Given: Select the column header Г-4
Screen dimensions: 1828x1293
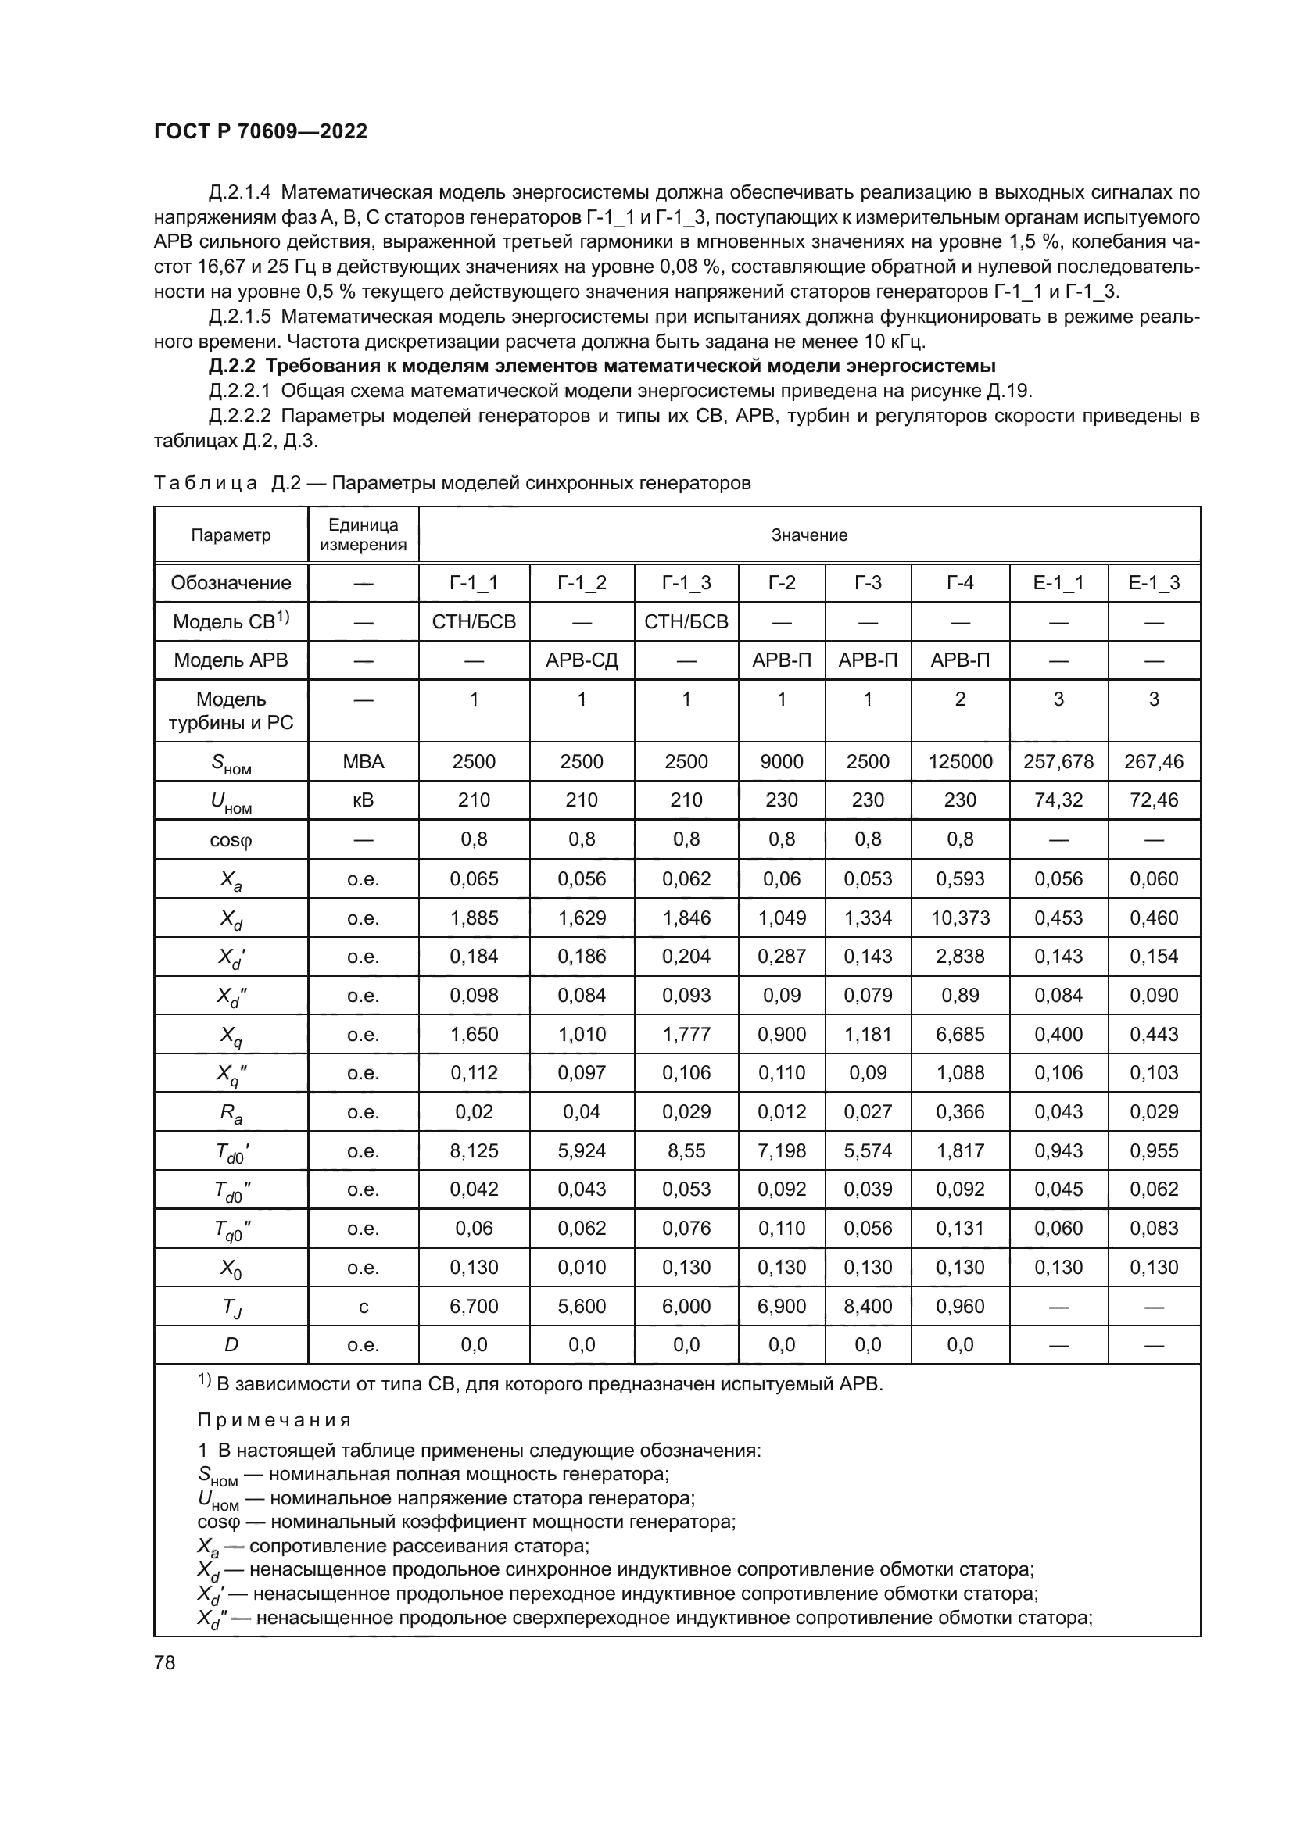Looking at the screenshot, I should pyautogui.click(x=959, y=583).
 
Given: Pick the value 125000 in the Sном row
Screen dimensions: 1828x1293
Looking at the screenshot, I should pyautogui.click(x=959, y=761).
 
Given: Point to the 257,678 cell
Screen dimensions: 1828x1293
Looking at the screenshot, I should pyautogui.click(x=1058, y=761).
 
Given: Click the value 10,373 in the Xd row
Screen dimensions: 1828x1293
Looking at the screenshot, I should pyautogui.click(x=959, y=918).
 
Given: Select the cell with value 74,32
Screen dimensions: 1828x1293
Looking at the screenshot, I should pyautogui.click(x=1058, y=800).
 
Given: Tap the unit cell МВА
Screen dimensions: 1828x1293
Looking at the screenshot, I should pyautogui.click(x=363, y=761).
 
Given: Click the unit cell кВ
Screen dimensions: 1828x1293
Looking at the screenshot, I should pyautogui.click(x=363, y=800).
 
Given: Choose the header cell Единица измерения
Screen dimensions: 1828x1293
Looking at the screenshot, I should pyautogui.click(x=363, y=535).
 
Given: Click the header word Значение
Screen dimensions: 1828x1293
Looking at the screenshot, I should pyautogui.click(x=809, y=535).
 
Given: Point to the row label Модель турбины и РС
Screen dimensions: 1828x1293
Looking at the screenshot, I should pyautogui.click(x=231, y=710).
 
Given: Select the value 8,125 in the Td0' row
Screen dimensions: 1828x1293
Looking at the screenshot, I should pyautogui.click(x=474, y=1150).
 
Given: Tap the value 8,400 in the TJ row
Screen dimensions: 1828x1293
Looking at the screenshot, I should pyautogui.click(x=867, y=1307).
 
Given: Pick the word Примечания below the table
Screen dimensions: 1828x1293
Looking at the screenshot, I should pyautogui.click(x=274, y=1420).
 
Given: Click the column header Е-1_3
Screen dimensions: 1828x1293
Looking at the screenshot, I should pyautogui.click(x=1154, y=583).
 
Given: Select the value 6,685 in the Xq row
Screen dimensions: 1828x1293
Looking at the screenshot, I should pyautogui.click(x=959, y=1034).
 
